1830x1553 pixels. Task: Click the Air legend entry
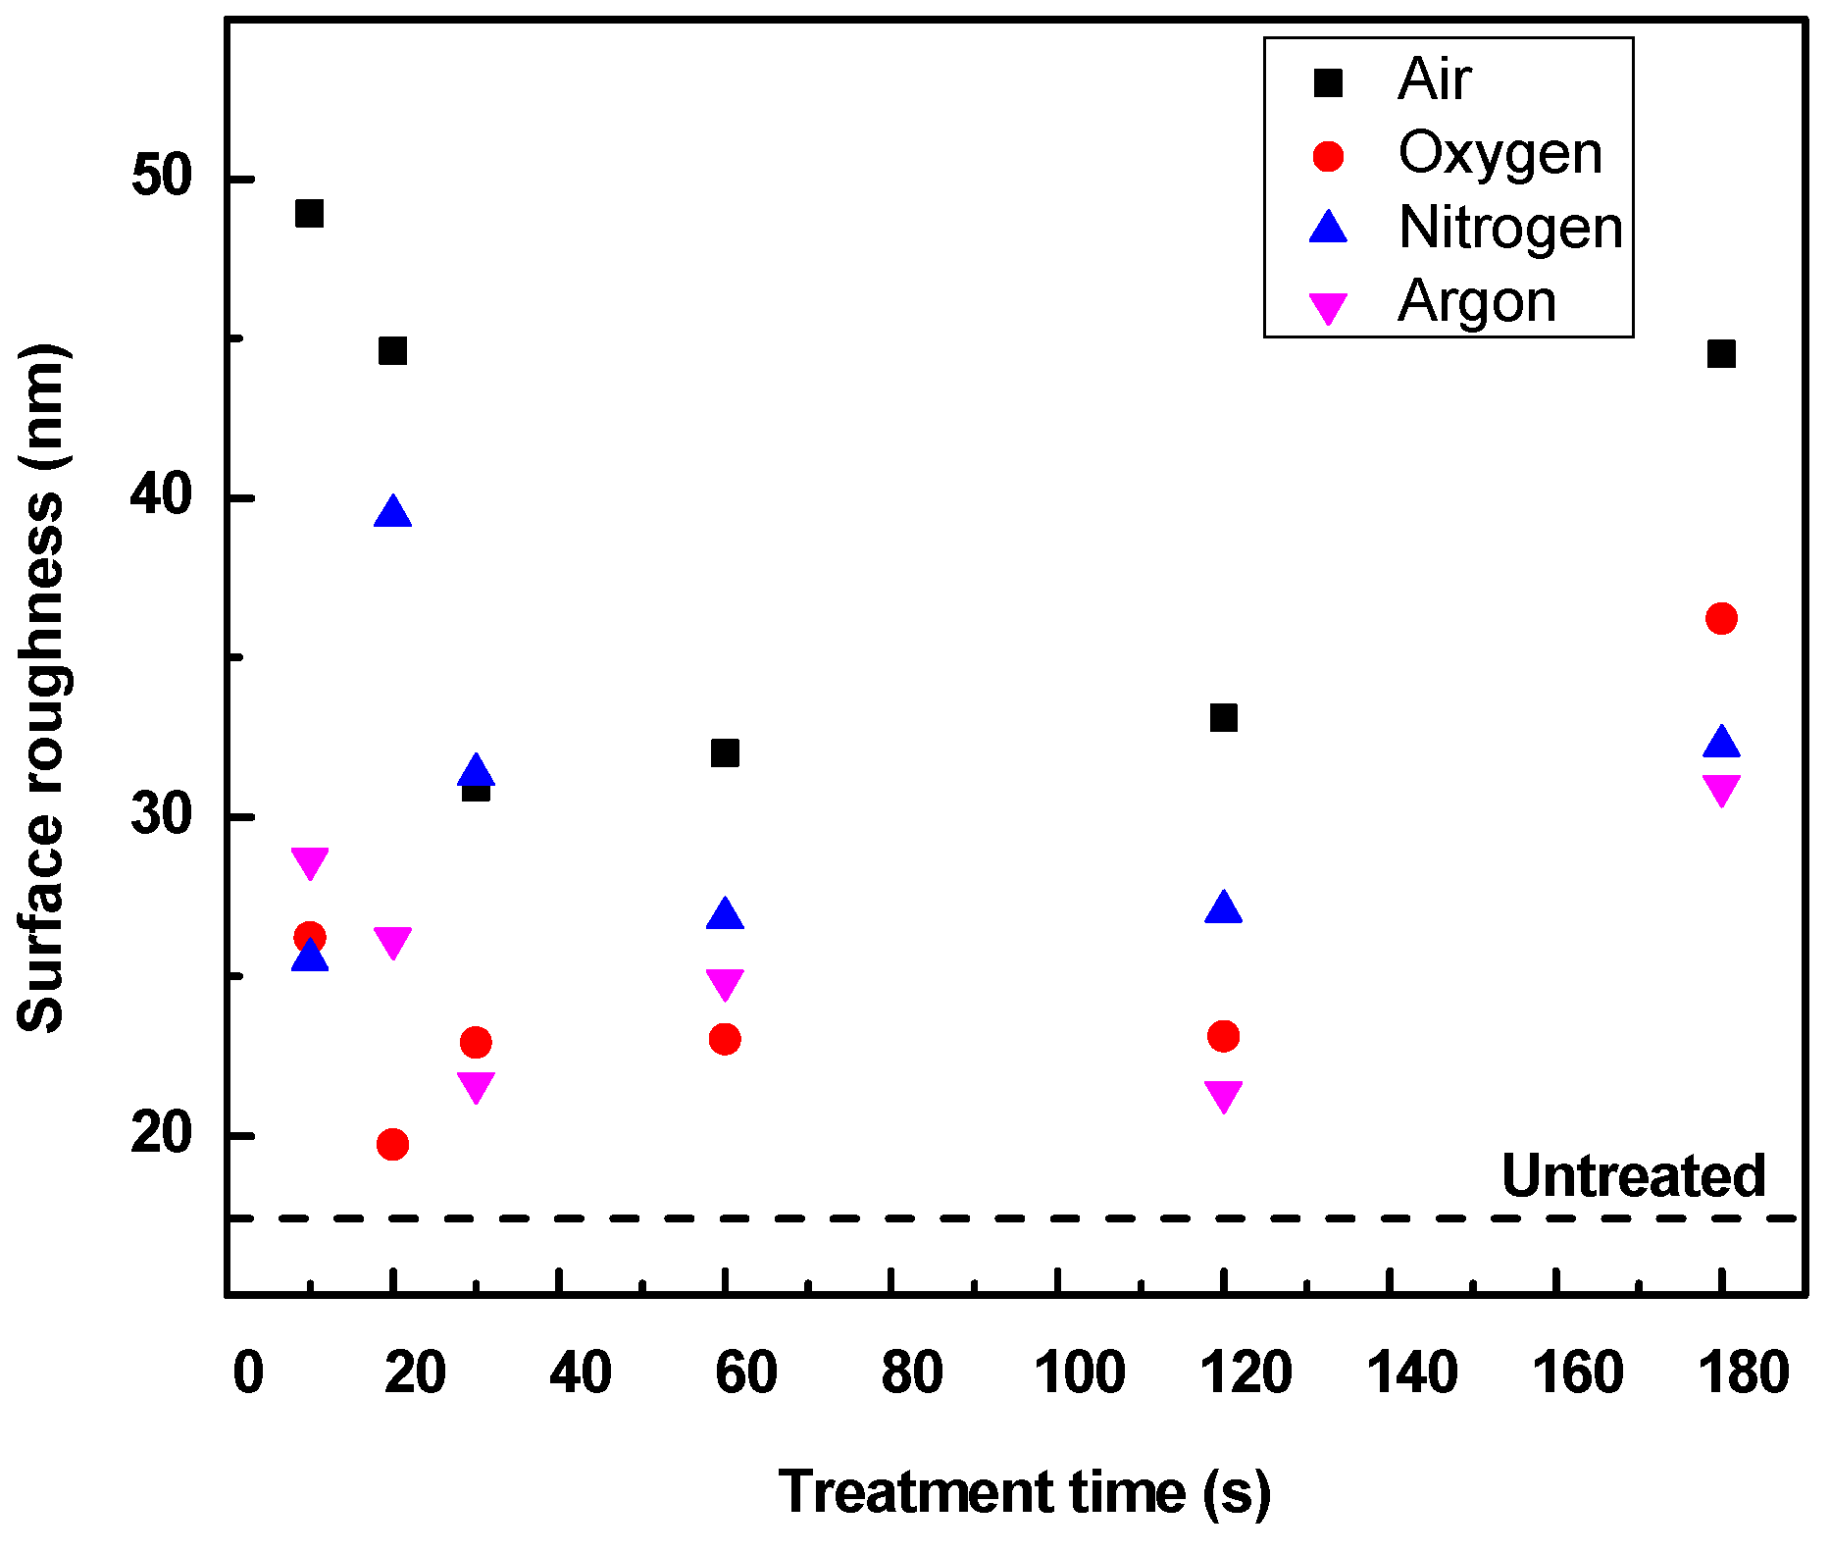point(1433,79)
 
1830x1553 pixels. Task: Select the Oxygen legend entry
point(1499,154)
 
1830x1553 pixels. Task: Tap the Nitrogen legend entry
point(1509,228)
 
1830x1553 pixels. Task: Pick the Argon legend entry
point(1476,301)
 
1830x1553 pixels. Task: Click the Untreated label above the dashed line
point(1633,1175)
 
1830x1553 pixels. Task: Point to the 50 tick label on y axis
point(163,178)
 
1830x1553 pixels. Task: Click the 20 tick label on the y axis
point(163,1134)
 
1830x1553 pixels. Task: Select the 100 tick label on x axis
point(1079,1372)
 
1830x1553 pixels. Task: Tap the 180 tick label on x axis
point(1744,1372)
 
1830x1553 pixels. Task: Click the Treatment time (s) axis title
point(1024,1492)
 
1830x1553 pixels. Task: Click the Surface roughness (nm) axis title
point(41,687)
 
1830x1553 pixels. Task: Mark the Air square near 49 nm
point(309,213)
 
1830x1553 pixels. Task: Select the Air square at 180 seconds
point(1721,353)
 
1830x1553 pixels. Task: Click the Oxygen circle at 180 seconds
point(1721,618)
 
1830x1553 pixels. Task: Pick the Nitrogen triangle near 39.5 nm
point(392,513)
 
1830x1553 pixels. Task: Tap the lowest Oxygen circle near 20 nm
point(392,1144)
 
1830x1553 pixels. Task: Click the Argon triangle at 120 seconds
point(1223,1095)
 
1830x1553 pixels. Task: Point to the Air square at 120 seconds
point(1223,718)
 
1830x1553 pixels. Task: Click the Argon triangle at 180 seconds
point(1721,789)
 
